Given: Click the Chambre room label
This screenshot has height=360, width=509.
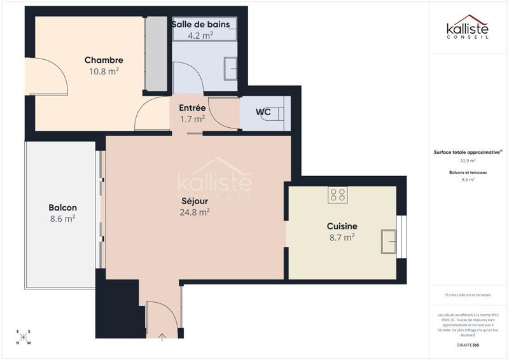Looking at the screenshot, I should (x=103, y=60).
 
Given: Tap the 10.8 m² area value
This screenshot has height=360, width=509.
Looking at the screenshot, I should (x=103, y=72).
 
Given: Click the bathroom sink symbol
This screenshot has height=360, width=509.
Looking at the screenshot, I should (x=230, y=67).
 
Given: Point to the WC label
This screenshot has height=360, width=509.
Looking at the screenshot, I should (x=263, y=113).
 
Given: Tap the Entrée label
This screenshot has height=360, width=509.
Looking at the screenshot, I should (x=192, y=107).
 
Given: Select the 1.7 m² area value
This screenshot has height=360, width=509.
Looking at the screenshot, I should (x=192, y=119).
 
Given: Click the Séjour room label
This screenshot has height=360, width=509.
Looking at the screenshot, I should (x=195, y=202).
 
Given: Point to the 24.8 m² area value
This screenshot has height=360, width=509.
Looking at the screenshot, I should (x=195, y=213).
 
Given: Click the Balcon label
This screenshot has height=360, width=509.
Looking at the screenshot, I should (x=62, y=207).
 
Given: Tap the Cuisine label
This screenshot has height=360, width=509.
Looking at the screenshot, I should (x=342, y=226).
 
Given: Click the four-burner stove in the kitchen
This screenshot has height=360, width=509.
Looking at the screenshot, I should (x=337, y=195).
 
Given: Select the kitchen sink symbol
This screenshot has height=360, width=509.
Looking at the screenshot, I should (x=388, y=241).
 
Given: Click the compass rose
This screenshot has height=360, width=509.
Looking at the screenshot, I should (x=24, y=338).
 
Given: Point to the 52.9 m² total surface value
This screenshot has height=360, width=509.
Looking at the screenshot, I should (x=468, y=161).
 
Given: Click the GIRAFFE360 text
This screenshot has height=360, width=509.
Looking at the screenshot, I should (x=468, y=344).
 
